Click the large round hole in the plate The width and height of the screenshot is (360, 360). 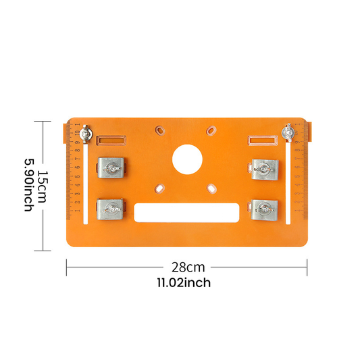point(187,159)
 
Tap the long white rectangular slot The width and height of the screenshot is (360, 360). point(186,213)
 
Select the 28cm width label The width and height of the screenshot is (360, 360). point(188,267)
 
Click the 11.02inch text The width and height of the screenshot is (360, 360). point(184,282)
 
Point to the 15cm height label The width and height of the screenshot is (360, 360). point(43,186)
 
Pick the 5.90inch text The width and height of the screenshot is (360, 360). point(30,185)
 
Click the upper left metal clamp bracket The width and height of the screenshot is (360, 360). point(111,168)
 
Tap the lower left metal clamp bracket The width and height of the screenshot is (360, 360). point(110,209)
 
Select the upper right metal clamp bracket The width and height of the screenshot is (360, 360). point(265,170)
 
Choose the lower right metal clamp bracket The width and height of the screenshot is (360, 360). point(264,210)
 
